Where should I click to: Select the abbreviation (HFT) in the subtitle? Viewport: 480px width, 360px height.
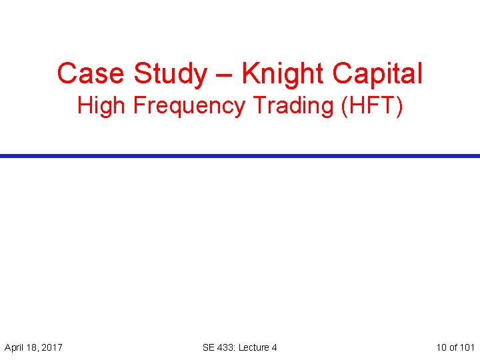(371, 106)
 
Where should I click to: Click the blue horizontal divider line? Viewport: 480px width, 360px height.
(240, 155)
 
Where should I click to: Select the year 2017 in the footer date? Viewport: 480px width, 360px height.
(51, 347)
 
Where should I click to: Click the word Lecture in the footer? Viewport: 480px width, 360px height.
(254, 347)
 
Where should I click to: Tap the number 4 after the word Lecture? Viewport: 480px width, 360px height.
(274, 347)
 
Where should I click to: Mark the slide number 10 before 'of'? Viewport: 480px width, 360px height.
(441, 347)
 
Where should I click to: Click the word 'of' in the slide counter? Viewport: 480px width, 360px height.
(454, 347)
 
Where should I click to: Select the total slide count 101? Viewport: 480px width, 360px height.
(467, 347)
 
